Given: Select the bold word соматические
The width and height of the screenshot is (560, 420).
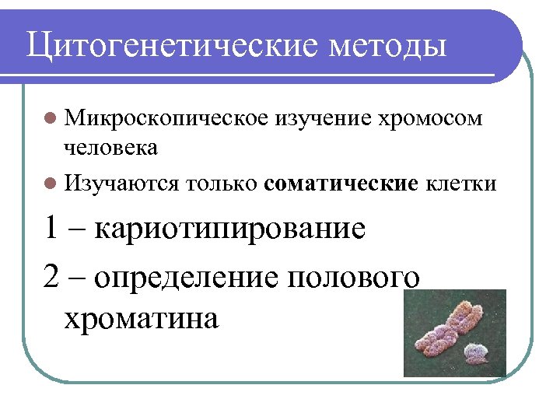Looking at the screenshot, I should (x=341, y=184).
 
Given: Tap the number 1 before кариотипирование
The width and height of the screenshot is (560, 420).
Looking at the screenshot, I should (x=51, y=229).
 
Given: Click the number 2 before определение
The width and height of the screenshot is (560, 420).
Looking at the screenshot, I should (x=52, y=277).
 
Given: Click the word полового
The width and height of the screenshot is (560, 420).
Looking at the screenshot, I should (x=354, y=278).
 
